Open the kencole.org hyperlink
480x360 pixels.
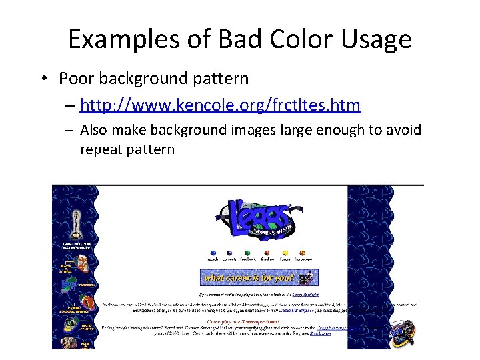click(220, 105)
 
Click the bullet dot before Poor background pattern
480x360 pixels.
click(43, 79)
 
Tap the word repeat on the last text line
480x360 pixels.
click(101, 149)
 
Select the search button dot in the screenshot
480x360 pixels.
click(213, 253)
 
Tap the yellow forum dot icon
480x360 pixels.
click(285, 253)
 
